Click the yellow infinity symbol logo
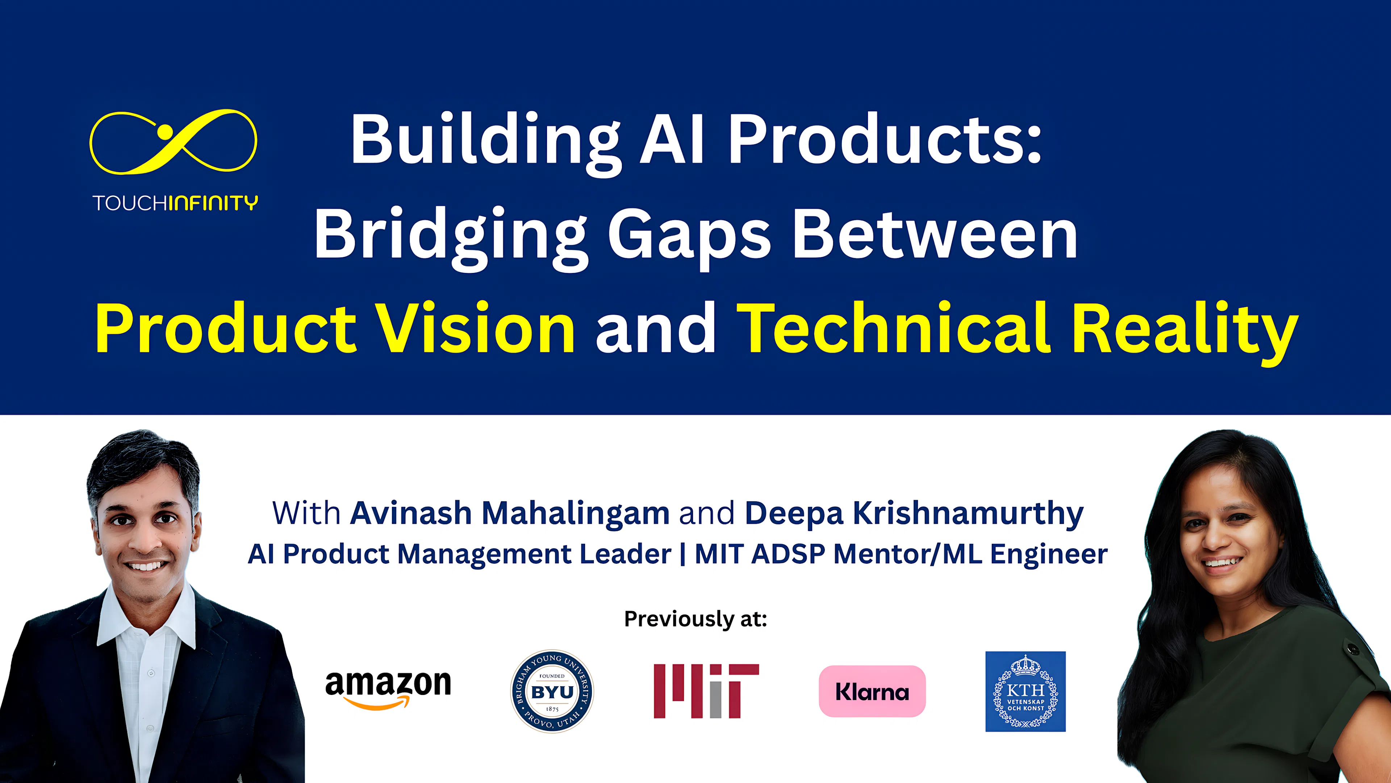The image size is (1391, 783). point(173,142)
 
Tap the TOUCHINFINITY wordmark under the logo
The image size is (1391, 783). point(175,203)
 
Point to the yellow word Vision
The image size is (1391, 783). point(475,328)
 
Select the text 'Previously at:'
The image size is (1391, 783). point(695,619)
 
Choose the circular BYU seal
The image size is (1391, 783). point(552,691)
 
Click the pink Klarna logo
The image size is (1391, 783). point(872,691)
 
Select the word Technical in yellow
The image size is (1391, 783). point(893,328)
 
